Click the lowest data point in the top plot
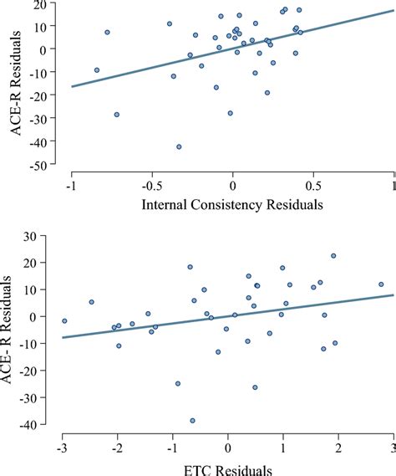(x=179, y=146)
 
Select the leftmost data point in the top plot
(x=97, y=70)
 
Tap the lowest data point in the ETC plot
(x=193, y=421)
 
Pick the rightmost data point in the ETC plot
(x=381, y=284)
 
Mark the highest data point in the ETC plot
(x=333, y=256)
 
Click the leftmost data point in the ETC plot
(x=64, y=321)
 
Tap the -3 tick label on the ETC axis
(x=61, y=448)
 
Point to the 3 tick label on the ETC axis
(x=393, y=448)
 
